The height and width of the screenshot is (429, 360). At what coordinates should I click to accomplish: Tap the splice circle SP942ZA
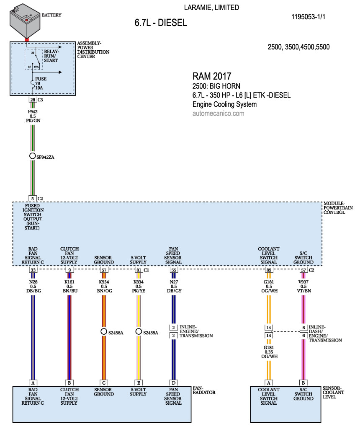point(33,156)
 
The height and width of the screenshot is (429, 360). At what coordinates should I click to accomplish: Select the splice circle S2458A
point(104,331)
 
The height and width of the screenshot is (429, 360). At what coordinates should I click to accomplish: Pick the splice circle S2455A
point(139,331)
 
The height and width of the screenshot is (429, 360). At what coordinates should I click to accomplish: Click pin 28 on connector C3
point(33,100)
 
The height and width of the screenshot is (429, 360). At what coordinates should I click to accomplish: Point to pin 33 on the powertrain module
point(33,270)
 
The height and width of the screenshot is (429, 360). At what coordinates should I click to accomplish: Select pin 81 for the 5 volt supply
point(139,270)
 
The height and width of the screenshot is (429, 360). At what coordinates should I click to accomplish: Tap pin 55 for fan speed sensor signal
point(173,270)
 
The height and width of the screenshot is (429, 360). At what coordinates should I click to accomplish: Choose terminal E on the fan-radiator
point(139,382)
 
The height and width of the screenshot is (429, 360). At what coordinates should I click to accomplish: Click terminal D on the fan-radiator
point(173,382)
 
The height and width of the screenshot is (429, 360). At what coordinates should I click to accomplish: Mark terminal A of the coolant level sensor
point(268,382)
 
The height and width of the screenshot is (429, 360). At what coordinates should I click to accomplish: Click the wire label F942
point(33,111)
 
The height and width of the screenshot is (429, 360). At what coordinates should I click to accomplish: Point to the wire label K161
point(69,282)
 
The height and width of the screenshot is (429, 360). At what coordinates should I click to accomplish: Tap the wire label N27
point(173,282)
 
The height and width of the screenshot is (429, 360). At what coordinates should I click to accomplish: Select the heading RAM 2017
point(212,76)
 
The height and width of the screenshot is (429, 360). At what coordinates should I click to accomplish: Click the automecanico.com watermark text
point(218,114)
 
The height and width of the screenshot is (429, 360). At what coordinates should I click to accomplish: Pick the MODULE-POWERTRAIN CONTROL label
point(338,208)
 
